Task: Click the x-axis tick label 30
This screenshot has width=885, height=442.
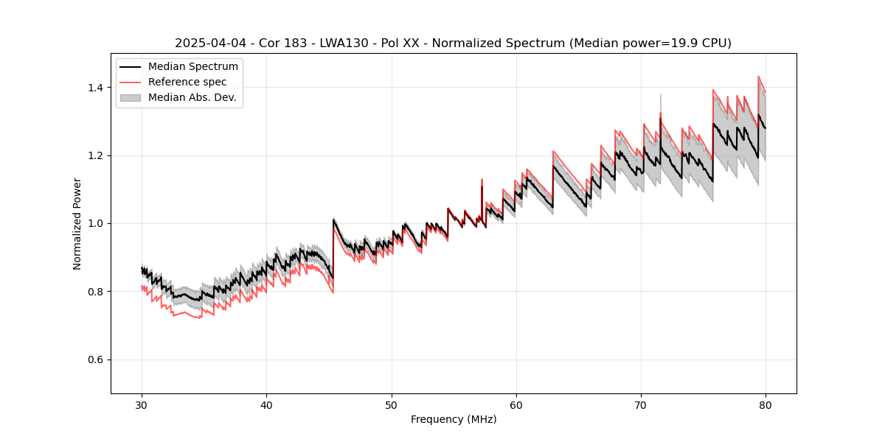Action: [x=142, y=405]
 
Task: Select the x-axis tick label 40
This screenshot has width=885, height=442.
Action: [x=266, y=405]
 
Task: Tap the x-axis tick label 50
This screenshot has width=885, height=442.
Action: [x=391, y=405]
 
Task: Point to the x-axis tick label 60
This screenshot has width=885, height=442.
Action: [x=516, y=405]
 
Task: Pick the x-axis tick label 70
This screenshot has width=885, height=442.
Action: [x=640, y=405]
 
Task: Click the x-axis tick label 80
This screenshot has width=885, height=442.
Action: [x=765, y=405]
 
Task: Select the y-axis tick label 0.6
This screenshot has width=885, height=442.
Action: [x=97, y=359]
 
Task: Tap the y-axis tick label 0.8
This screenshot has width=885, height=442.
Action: [x=97, y=292]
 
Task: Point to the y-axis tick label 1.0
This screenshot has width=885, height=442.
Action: [x=97, y=223]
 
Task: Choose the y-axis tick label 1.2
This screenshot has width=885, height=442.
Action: [x=97, y=155]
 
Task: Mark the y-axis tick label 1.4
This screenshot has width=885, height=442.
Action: [x=97, y=88]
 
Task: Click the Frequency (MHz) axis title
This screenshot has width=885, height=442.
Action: [x=454, y=419]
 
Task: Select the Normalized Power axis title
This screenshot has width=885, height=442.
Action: [x=77, y=223]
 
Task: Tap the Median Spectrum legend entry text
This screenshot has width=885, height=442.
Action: [x=193, y=67]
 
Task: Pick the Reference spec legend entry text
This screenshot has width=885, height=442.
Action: [x=187, y=82]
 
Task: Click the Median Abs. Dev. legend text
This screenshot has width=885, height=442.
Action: [x=192, y=97]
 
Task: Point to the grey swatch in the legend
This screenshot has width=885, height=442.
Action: [x=130, y=97]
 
